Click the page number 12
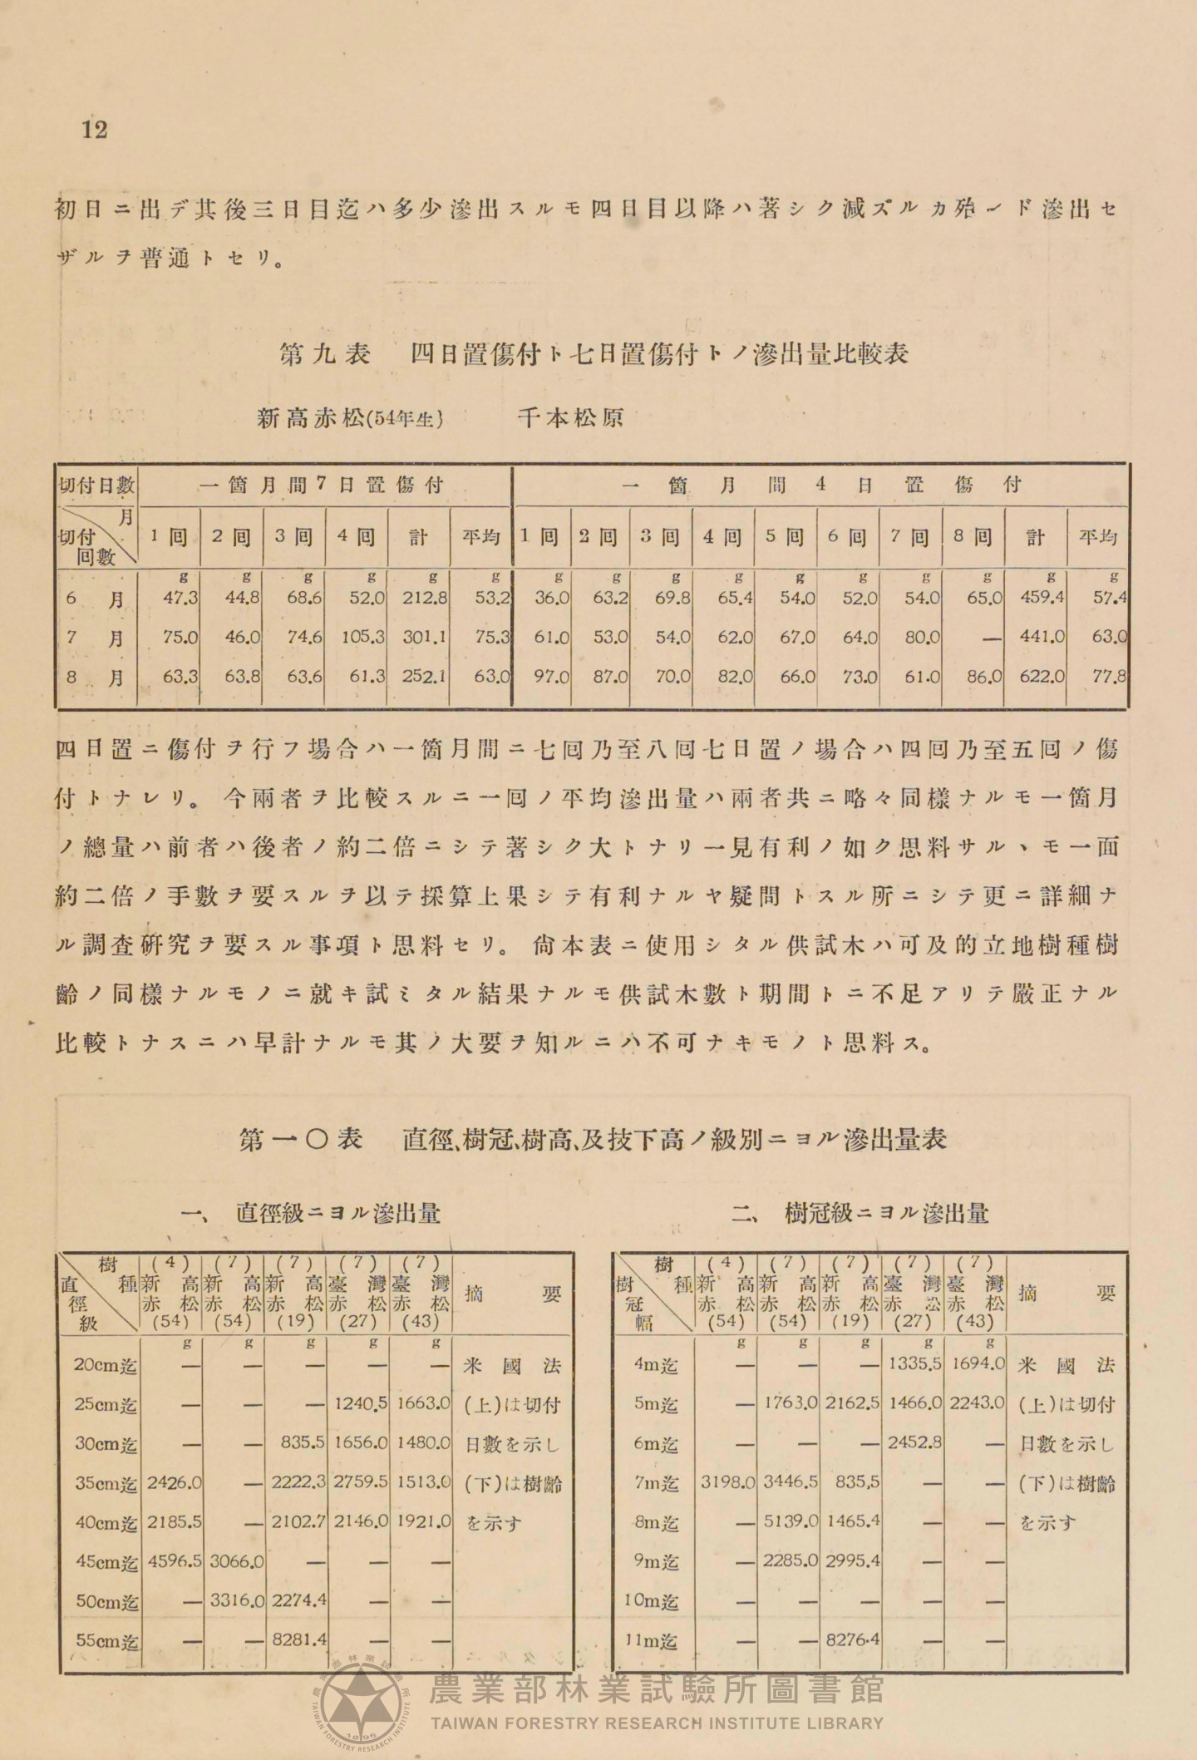tap(95, 130)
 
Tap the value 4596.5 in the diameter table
tap(174, 1560)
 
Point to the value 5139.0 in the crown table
tap(791, 1521)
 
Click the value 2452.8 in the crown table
tap(914, 1442)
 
